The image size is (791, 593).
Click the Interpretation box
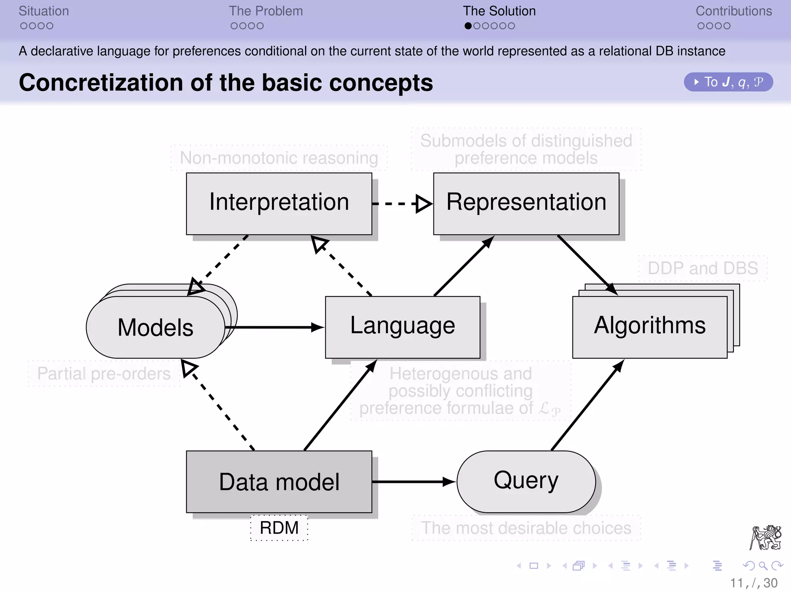279,203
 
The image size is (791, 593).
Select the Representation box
526,203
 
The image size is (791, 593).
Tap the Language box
402,327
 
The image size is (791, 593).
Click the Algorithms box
650,327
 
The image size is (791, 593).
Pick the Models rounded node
155,327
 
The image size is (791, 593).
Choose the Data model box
279,481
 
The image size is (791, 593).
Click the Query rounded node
526,481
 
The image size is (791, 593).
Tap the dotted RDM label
279,528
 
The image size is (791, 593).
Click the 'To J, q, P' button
728,82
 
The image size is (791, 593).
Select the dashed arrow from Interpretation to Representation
402,203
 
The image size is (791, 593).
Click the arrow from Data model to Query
413,481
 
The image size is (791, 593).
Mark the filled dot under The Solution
468,26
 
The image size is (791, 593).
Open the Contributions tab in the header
733,11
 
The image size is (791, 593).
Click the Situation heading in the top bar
44,11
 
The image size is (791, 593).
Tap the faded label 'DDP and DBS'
703,268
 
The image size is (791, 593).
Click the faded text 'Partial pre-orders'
104,373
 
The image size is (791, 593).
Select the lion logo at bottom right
766,537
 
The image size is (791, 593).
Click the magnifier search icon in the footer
763,566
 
